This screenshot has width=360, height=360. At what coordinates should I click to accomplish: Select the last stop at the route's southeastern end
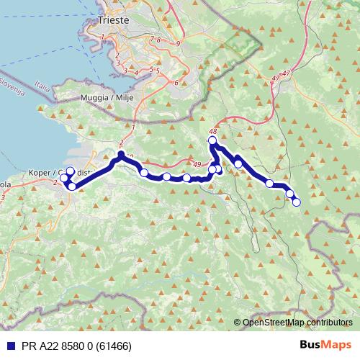pyautogui.click(x=296, y=202)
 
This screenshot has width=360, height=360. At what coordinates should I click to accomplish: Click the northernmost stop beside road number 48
pyautogui.click(x=212, y=141)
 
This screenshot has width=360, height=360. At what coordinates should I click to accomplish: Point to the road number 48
pyautogui.click(x=212, y=131)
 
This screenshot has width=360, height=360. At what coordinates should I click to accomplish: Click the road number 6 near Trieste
pyautogui.click(x=175, y=83)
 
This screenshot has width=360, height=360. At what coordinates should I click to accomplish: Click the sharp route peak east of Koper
pyautogui.click(x=121, y=154)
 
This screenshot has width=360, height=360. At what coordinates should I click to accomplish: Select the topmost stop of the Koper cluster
pyautogui.click(x=69, y=171)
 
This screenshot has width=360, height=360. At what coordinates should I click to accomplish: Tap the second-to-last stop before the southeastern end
pyautogui.click(x=290, y=194)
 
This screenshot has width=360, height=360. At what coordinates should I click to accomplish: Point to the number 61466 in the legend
pyautogui.click(x=109, y=346)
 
